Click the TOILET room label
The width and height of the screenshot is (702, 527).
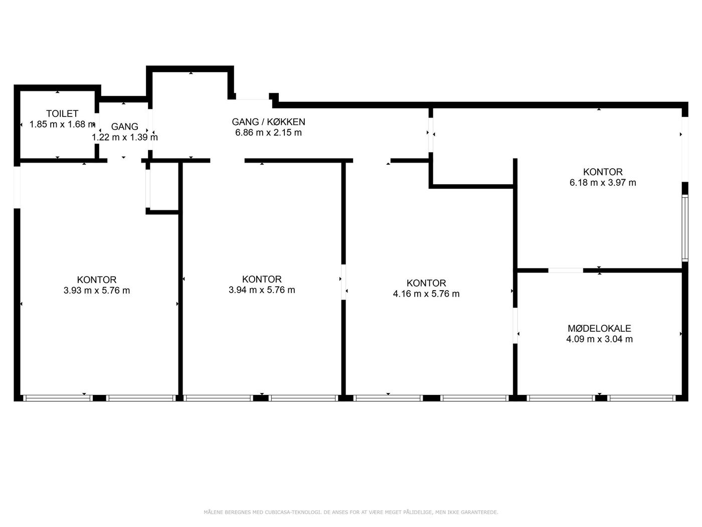[x=62, y=113]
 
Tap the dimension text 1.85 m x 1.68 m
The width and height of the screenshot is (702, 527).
[x=62, y=124]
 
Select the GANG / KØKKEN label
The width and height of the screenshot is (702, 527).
[x=268, y=121]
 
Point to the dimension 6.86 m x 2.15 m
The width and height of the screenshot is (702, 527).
[x=268, y=132]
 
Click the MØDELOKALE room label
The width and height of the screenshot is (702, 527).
[x=599, y=328]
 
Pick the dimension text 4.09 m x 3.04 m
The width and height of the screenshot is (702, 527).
[x=599, y=339]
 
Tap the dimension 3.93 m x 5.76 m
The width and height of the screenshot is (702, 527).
[x=97, y=290]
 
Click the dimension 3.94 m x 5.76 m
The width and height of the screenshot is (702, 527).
[x=262, y=290]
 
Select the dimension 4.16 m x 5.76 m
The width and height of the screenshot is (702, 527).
[x=426, y=294]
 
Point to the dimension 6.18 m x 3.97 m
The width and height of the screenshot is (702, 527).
[x=603, y=182]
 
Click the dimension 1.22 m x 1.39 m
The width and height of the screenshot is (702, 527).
[x=125, y=137]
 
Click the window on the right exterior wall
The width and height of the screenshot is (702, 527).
[x=684, y=228]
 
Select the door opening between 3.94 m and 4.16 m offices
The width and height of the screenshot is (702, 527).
[x=343, y=282]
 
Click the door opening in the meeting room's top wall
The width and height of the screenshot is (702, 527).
[x=566, y=271]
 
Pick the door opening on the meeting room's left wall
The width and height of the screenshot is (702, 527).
[x=515, y=325]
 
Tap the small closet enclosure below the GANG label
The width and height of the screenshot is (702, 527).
[x=162, y=188]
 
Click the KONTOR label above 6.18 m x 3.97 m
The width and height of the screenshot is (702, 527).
[x=603, y=172]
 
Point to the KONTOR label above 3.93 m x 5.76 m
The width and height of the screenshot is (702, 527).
[x=97, y=280]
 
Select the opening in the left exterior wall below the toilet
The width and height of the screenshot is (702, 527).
[x=17, y=187]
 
